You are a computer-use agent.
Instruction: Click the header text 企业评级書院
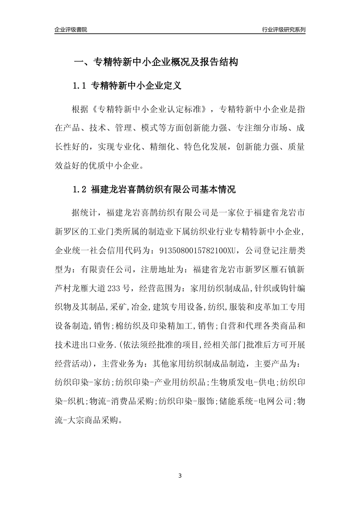pyautogui.click(x=71, y=30)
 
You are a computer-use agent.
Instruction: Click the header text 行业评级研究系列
pyautogui.click(x=283, y=30)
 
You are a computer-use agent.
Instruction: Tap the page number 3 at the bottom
pyautogui.click(x=180, y=476)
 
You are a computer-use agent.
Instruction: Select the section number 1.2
pyautogui.click(x=80, y=190)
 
